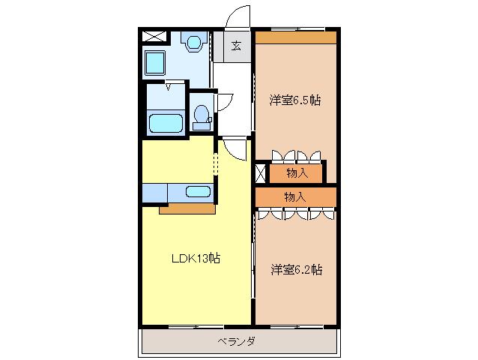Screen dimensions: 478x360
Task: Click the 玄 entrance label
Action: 236,46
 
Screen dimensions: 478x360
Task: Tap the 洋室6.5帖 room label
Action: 295,100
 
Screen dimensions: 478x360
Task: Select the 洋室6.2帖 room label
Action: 297,270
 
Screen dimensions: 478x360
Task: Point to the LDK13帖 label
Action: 196,259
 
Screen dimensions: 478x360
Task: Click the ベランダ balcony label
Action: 236,341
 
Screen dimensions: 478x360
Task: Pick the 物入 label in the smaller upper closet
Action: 297,173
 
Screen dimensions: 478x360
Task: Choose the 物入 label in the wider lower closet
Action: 295,197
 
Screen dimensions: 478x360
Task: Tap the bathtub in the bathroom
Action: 166,123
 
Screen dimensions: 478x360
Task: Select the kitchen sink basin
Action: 198,191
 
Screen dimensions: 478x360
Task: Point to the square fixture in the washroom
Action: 155,63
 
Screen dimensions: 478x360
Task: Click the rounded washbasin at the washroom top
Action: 194,42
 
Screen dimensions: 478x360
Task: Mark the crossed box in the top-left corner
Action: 155,36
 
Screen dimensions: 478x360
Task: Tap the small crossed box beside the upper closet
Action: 261,173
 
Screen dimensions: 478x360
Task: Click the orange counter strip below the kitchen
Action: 187,209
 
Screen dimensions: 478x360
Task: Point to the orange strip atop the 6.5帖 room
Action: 296,37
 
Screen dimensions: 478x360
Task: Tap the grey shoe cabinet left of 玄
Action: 219,46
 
